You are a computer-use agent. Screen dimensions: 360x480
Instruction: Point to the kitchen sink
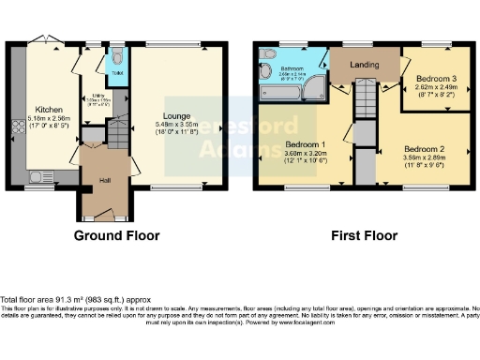40,175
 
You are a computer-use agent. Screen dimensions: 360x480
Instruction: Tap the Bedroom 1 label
305,146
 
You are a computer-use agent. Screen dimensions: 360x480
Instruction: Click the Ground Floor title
119,234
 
